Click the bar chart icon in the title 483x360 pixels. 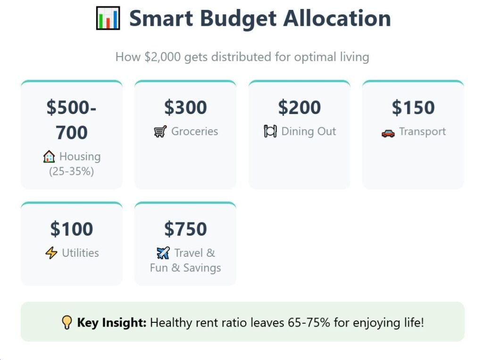[x=108, y=18]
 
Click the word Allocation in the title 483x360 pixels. [x=337, y=18]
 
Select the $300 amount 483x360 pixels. [x=185, y=107]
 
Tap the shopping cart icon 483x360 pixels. [x=160, y=131]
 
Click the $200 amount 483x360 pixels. [x=300, y=107]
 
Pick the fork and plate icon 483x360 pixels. [x=270, y=131]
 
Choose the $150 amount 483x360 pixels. [x=413, y=107]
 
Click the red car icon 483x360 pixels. [x=388, y=132]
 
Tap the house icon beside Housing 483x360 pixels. [x=49, y=157]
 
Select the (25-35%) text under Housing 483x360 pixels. [x=72, y=172]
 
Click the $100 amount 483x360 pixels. [x=72, y=229]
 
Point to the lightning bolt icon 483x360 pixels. [x=51, y=253]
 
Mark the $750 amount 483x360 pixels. [x=185, y=229]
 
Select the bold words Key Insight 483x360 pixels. [x=112, y=323]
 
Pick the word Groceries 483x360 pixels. [x=194, y=131]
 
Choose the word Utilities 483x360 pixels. [x=80, y=253]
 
